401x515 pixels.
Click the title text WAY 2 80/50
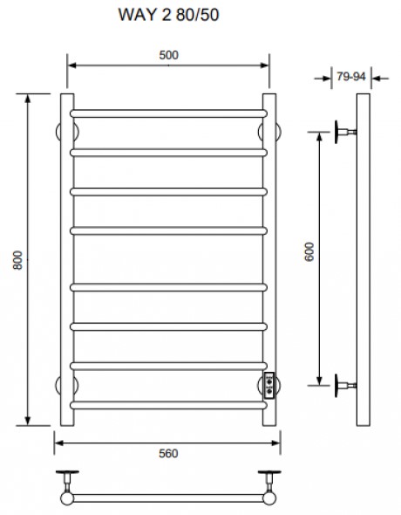point(168,15)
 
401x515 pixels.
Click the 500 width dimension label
point(168,55)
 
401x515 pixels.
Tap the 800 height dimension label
point(17,260)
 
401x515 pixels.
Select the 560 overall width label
point(168,454)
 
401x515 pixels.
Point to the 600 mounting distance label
point(309,252)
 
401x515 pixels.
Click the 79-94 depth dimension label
point(350,77)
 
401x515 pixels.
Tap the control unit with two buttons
point(269,386)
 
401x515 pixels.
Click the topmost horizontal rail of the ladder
point(168,113)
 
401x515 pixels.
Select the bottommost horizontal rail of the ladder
point(168,405)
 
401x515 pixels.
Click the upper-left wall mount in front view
point(67,132)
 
